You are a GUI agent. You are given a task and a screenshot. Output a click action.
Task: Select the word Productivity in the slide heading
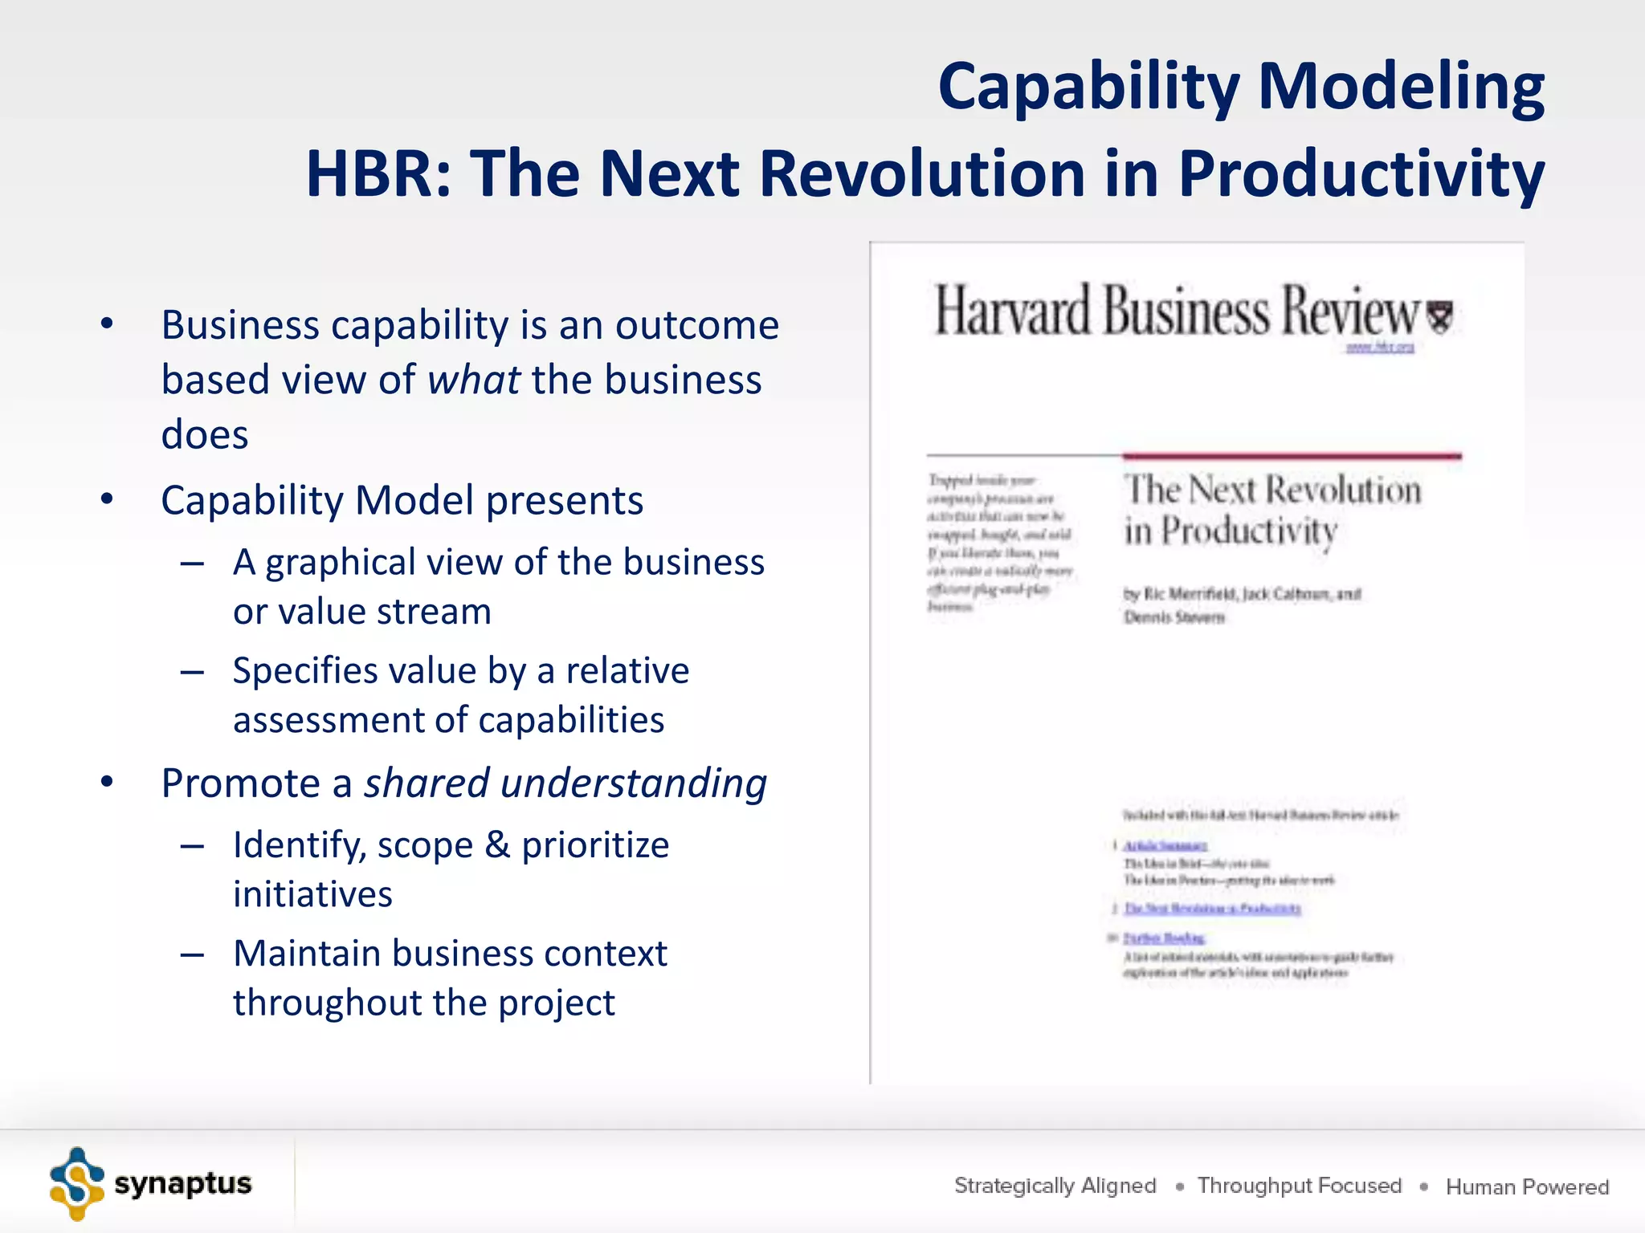click(x=1361, y=175)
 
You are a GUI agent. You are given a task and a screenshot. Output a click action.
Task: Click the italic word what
click(x=474, y=380)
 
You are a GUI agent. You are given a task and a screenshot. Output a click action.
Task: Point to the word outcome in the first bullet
click(x=697, y=325)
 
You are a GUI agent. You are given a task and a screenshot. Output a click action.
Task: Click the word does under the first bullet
click(x=205, y=434)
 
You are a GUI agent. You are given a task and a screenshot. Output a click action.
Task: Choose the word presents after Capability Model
click(x=565, y=500)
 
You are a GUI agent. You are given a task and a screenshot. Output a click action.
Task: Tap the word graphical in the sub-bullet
click(x=341, y=563)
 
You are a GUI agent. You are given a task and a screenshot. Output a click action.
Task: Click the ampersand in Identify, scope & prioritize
click(x=497, y=844)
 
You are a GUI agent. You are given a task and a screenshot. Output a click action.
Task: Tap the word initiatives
click(x=312, y=894)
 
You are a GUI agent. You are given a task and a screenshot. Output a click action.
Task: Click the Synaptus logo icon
click(x=76, y=1184)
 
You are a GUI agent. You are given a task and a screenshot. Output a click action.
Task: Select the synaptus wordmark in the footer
click(x=183, y=1184)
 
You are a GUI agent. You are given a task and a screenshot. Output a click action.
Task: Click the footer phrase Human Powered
click(x=1527, y=1186)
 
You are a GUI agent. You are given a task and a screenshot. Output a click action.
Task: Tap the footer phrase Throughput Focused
click(x=1299, y=1186)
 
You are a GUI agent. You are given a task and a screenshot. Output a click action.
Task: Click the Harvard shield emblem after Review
click(x=1440, y=316)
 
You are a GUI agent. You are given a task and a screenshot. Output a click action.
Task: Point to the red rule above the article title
click(x=1292, y=456)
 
